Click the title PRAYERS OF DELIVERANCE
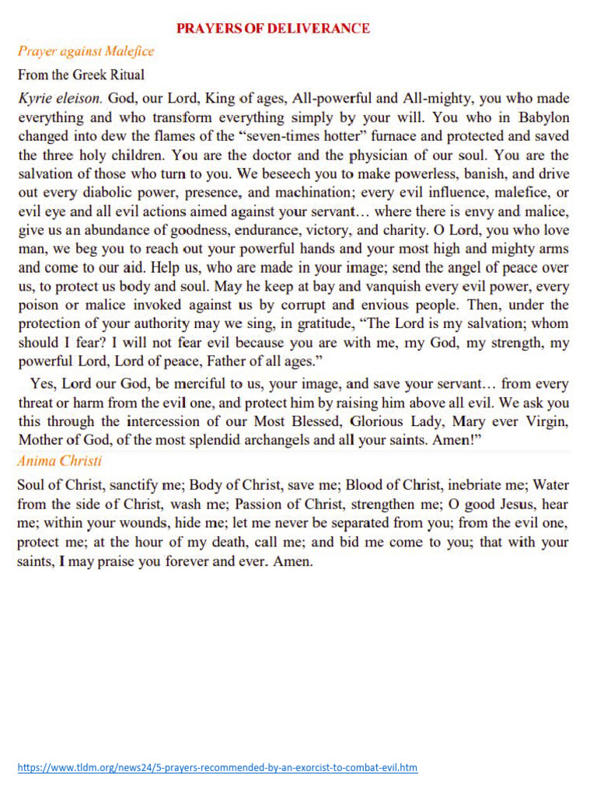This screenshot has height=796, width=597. pyautogui.click(x=273, y=29)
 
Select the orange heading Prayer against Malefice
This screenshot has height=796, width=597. pyautogui.click(x=86, y=51)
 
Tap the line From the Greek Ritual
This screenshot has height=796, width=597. pyautogui.click(x=81, y=75)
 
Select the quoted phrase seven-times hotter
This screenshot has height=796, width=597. pyautogui.click(x=275, y=136)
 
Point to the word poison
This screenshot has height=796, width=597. pyautogui.click(x=39, y=305)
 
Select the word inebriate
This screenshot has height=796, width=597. pyautogui.click(x=466, y=485)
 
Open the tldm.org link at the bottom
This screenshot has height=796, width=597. pyautogui.click(x=218, y=767)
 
